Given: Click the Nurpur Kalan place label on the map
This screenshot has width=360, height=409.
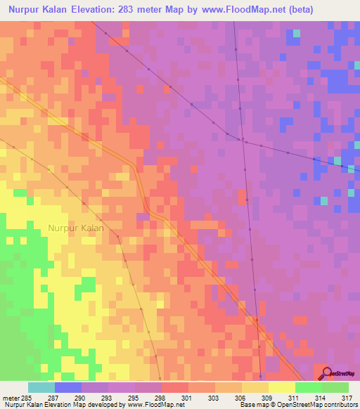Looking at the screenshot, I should point(76,228).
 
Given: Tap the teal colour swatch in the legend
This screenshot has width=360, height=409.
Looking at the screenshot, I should point(41,387).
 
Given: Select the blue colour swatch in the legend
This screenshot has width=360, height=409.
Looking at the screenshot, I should point(68,387).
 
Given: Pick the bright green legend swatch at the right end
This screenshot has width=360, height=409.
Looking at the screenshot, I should point(335,387).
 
